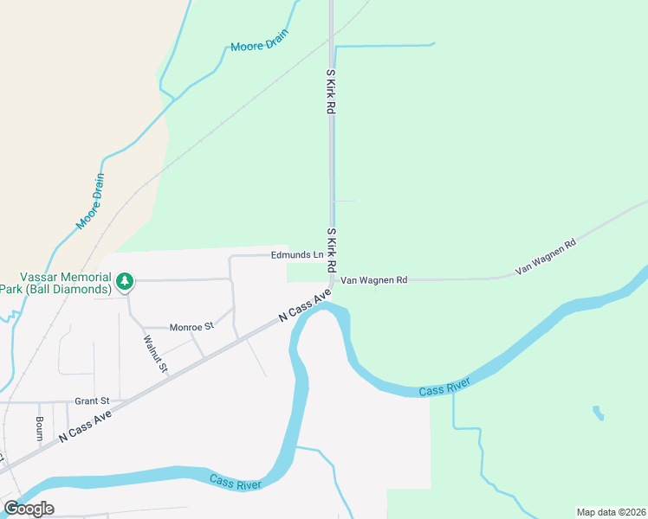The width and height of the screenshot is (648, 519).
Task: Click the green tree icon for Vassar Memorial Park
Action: [x=126, y=280]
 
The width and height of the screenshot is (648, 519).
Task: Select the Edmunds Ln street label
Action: [x=296, y=255]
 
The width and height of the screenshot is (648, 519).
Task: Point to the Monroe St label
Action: [x=191, y=327]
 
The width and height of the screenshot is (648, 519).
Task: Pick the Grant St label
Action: [x=92, y=401]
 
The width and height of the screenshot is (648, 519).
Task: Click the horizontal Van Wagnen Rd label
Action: [x=373, y=280]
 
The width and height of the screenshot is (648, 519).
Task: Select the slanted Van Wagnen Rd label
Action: [x=546, y=258]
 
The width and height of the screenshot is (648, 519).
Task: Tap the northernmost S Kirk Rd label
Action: [x=330, y=93]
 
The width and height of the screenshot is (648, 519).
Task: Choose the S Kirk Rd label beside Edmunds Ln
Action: [x=331, y=248]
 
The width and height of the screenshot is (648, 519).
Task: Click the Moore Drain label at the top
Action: [x=259, y=41]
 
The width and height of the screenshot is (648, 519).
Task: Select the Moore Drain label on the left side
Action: [x=90, y=202]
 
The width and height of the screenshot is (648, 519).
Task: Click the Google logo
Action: [x=29, y=509]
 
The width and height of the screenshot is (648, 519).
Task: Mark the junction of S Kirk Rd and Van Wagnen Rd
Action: [x=332, y=280]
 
